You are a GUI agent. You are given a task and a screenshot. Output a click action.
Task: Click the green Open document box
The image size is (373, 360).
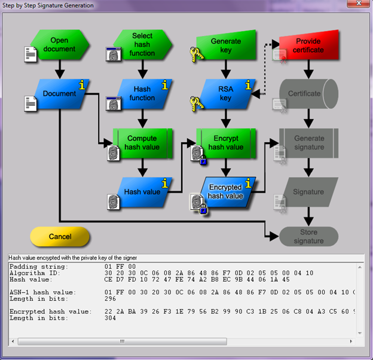(x=60, y=45)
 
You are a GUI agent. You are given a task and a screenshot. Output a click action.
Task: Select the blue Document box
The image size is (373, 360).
(x=60, y=93)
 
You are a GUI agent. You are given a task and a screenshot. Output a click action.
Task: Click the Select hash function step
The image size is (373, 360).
(x=142, y=45)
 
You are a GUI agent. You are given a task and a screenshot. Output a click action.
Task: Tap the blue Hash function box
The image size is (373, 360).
(x=142, y=93)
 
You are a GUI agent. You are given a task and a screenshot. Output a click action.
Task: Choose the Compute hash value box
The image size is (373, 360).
(x=142, y=143)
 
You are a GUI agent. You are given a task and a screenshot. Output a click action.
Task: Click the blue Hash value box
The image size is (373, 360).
(x=142, y=192)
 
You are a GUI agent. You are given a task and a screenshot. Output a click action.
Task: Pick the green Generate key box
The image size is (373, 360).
(x=225, y=45)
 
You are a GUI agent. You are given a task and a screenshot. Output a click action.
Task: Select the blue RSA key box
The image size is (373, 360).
(x=225, y=93)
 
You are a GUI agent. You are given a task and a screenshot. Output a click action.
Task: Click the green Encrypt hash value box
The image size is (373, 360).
(x=225, y=143)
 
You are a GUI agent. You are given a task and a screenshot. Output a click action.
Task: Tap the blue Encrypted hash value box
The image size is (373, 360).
(x=225, y=192)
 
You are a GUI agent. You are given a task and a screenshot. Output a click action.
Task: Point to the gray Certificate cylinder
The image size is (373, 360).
(x=307, y=93)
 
